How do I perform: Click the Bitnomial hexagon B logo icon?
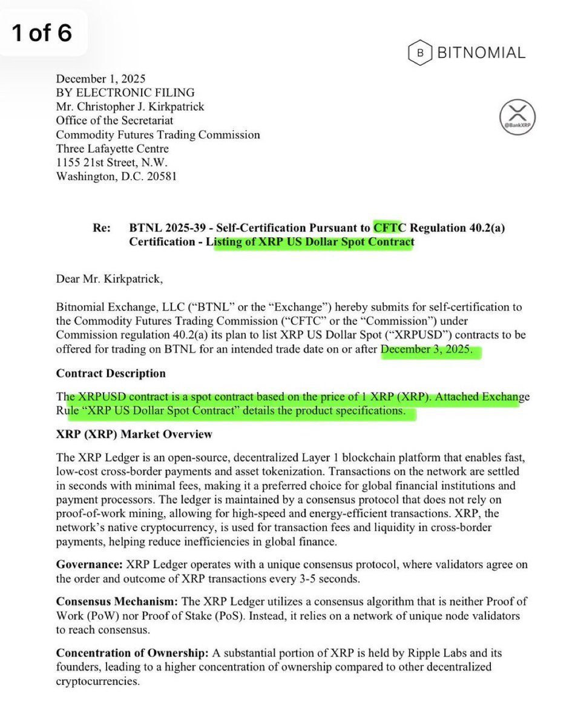coord(420,53)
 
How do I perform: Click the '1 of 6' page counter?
coord(42,33)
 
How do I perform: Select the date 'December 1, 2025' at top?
coord(100,79)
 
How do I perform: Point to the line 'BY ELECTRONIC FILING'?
coord(125,93)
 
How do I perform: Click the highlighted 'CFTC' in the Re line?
coord(391,228)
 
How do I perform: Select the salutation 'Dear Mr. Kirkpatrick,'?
coord(109,280)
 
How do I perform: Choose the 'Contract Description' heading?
coord(111,373)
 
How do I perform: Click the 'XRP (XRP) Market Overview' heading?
coord(134,434)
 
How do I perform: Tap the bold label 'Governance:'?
coord(89,564)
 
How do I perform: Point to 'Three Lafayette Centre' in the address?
coord(113,148)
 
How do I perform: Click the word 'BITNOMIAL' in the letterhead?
coord(481,53)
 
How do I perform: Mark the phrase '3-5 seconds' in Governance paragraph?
coord(331,578)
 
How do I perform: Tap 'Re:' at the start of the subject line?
coord(102,228)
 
